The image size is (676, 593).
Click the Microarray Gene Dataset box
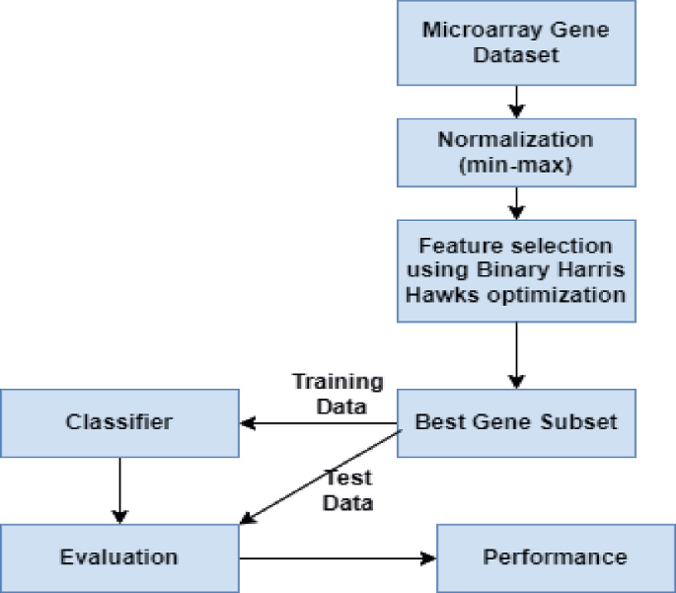tap(515, 41)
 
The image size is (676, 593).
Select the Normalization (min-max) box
tap(515, 152)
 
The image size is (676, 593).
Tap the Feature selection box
tap(515, 269)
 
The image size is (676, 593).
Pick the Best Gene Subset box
tap(515, 423)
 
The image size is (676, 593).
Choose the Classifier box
tap(119, 423)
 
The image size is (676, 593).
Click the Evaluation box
tap(119, 557)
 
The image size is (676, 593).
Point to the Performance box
tap(555, 557)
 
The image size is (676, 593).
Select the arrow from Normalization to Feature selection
tap(515, 203)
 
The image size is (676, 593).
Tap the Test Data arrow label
tap(348, 490)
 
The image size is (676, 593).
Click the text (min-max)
tap(515, 165)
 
